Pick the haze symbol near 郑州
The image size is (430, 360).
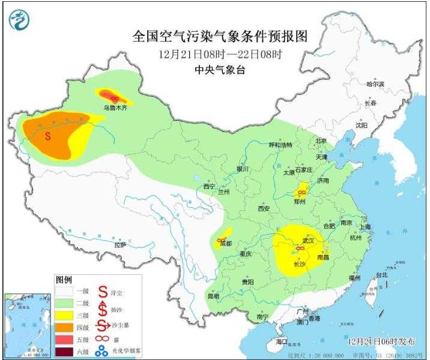point(303,193)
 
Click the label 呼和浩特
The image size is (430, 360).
point(280,145)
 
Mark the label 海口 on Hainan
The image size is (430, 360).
point(282,341)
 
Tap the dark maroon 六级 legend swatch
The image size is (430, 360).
point(65,352)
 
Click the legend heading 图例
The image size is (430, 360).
point(64,280)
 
